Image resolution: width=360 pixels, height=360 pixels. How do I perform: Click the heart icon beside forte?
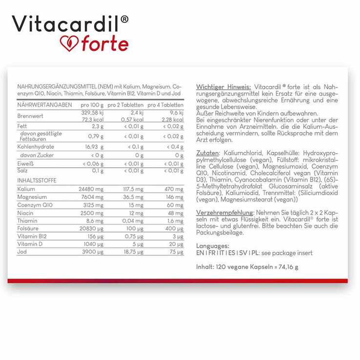click(x=69, y=43)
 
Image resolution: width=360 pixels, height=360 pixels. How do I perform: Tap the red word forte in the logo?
click(x=104, y=43)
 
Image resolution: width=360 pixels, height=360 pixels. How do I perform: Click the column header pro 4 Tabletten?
click(x=165, y=105)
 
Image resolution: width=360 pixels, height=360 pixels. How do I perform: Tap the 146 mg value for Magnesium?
click(x=175, y=197)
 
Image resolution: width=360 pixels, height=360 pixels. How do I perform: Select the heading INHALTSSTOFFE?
click(x=37, y=180)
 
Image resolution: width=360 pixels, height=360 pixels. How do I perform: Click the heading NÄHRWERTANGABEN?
click(x=44, y=105)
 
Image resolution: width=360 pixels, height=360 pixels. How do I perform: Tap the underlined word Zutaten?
click(x=207, y=153)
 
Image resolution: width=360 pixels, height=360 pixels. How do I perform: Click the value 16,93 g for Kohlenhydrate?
click(x=93, y=147)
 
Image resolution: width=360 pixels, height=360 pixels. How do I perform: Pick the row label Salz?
click(x=22, y=170)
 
